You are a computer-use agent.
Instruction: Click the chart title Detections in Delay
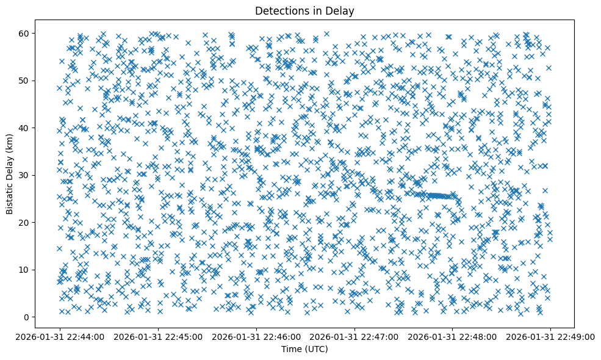tap(304, 11)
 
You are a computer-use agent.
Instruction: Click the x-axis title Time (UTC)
tap(304, 349)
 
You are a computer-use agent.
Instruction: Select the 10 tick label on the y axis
tap(25, 270)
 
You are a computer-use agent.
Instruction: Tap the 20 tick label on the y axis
tap(25, 223)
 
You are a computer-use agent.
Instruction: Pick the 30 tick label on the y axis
tap(25, 175)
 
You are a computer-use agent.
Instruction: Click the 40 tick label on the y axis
tap(25, 128)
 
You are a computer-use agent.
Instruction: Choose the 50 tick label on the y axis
tap(25, 81)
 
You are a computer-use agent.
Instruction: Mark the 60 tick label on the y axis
tap(25, 33)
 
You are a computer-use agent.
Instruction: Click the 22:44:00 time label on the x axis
tap(60, 336)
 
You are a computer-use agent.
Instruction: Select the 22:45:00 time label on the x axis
tap(158, 336)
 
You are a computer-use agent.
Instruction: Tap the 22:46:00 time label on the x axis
tap(256, 336)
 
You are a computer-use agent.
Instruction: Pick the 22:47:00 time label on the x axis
tap(354, 336)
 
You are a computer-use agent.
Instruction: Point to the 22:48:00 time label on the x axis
tap(453, 336)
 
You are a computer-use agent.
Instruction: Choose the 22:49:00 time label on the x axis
tap(550, 336)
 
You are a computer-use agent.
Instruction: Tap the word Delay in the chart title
tap(342, 11)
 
